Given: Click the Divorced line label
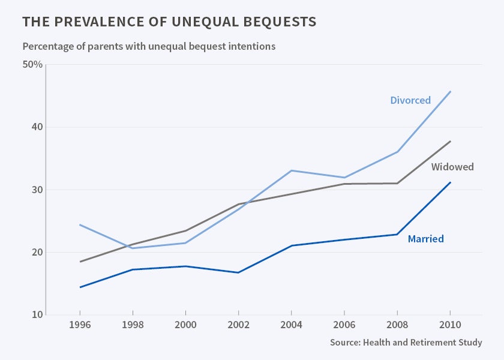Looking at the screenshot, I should coord(410,100).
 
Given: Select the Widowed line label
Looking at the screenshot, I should coord(452,167).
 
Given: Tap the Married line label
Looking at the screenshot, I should coord(425,239).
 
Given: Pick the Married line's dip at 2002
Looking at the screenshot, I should coord(238,272).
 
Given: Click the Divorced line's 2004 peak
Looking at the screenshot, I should coord(291,170).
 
